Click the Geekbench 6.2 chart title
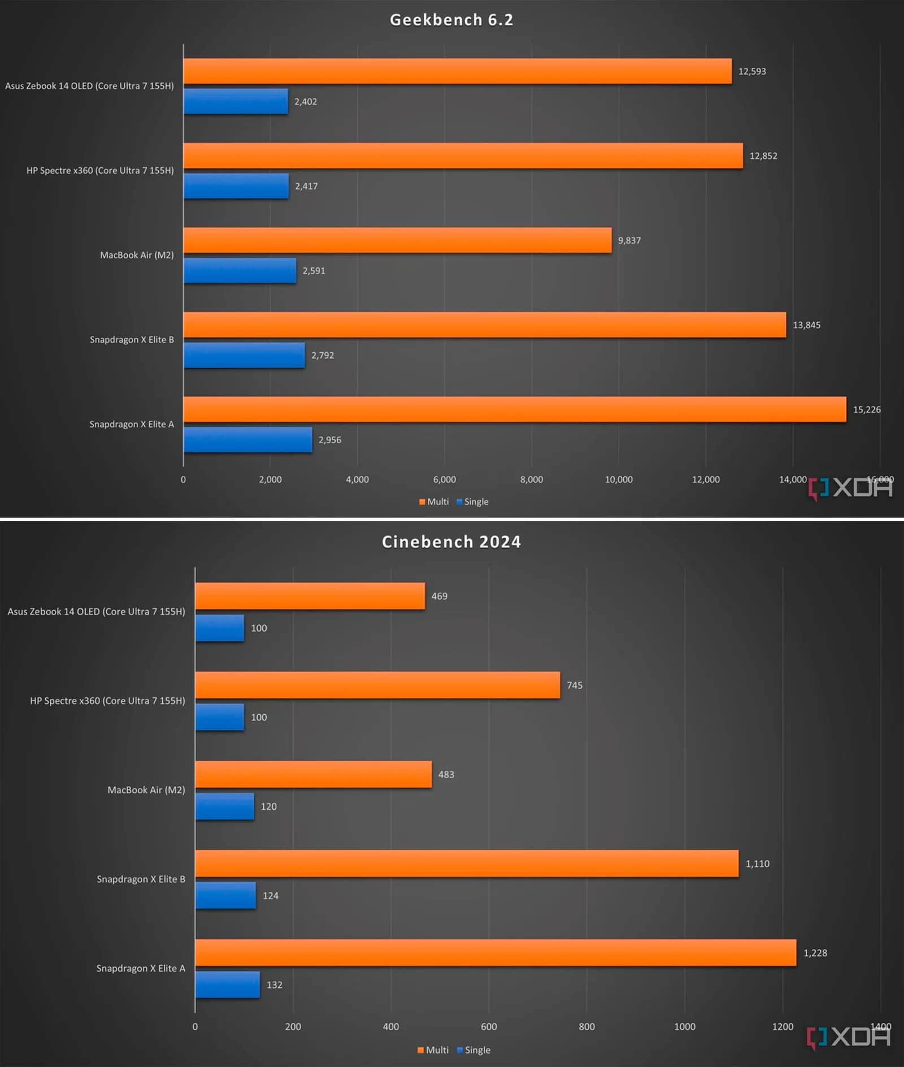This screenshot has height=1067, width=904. coord(451,20)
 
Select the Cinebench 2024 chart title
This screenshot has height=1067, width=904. coord(451,542)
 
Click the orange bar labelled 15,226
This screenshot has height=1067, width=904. coord(514,409)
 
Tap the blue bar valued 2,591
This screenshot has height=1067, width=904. coord(240,271)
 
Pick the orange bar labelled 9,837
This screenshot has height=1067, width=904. coord(397,240)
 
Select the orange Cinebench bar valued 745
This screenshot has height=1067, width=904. coord(377,685)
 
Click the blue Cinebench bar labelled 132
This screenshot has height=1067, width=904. coord(227,985)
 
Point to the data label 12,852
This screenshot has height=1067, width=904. coord(763,156)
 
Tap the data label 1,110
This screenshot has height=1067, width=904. coord(757,864)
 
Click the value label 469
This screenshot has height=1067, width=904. coord(439,597)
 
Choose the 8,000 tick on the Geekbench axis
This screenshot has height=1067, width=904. coord(531,479)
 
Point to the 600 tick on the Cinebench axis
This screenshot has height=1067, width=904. coord(489,1027)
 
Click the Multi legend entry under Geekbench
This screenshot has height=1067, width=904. coord(434,502)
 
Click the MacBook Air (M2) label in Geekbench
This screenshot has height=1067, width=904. coord(137,255)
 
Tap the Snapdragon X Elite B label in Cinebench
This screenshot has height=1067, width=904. coord(141,879)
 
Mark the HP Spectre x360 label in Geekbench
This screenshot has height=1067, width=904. coord(100,171)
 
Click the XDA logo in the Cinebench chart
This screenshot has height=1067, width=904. coord(849,1037)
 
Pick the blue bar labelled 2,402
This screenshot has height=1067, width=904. coord(236,102)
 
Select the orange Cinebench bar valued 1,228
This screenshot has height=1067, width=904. coord(496,953)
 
